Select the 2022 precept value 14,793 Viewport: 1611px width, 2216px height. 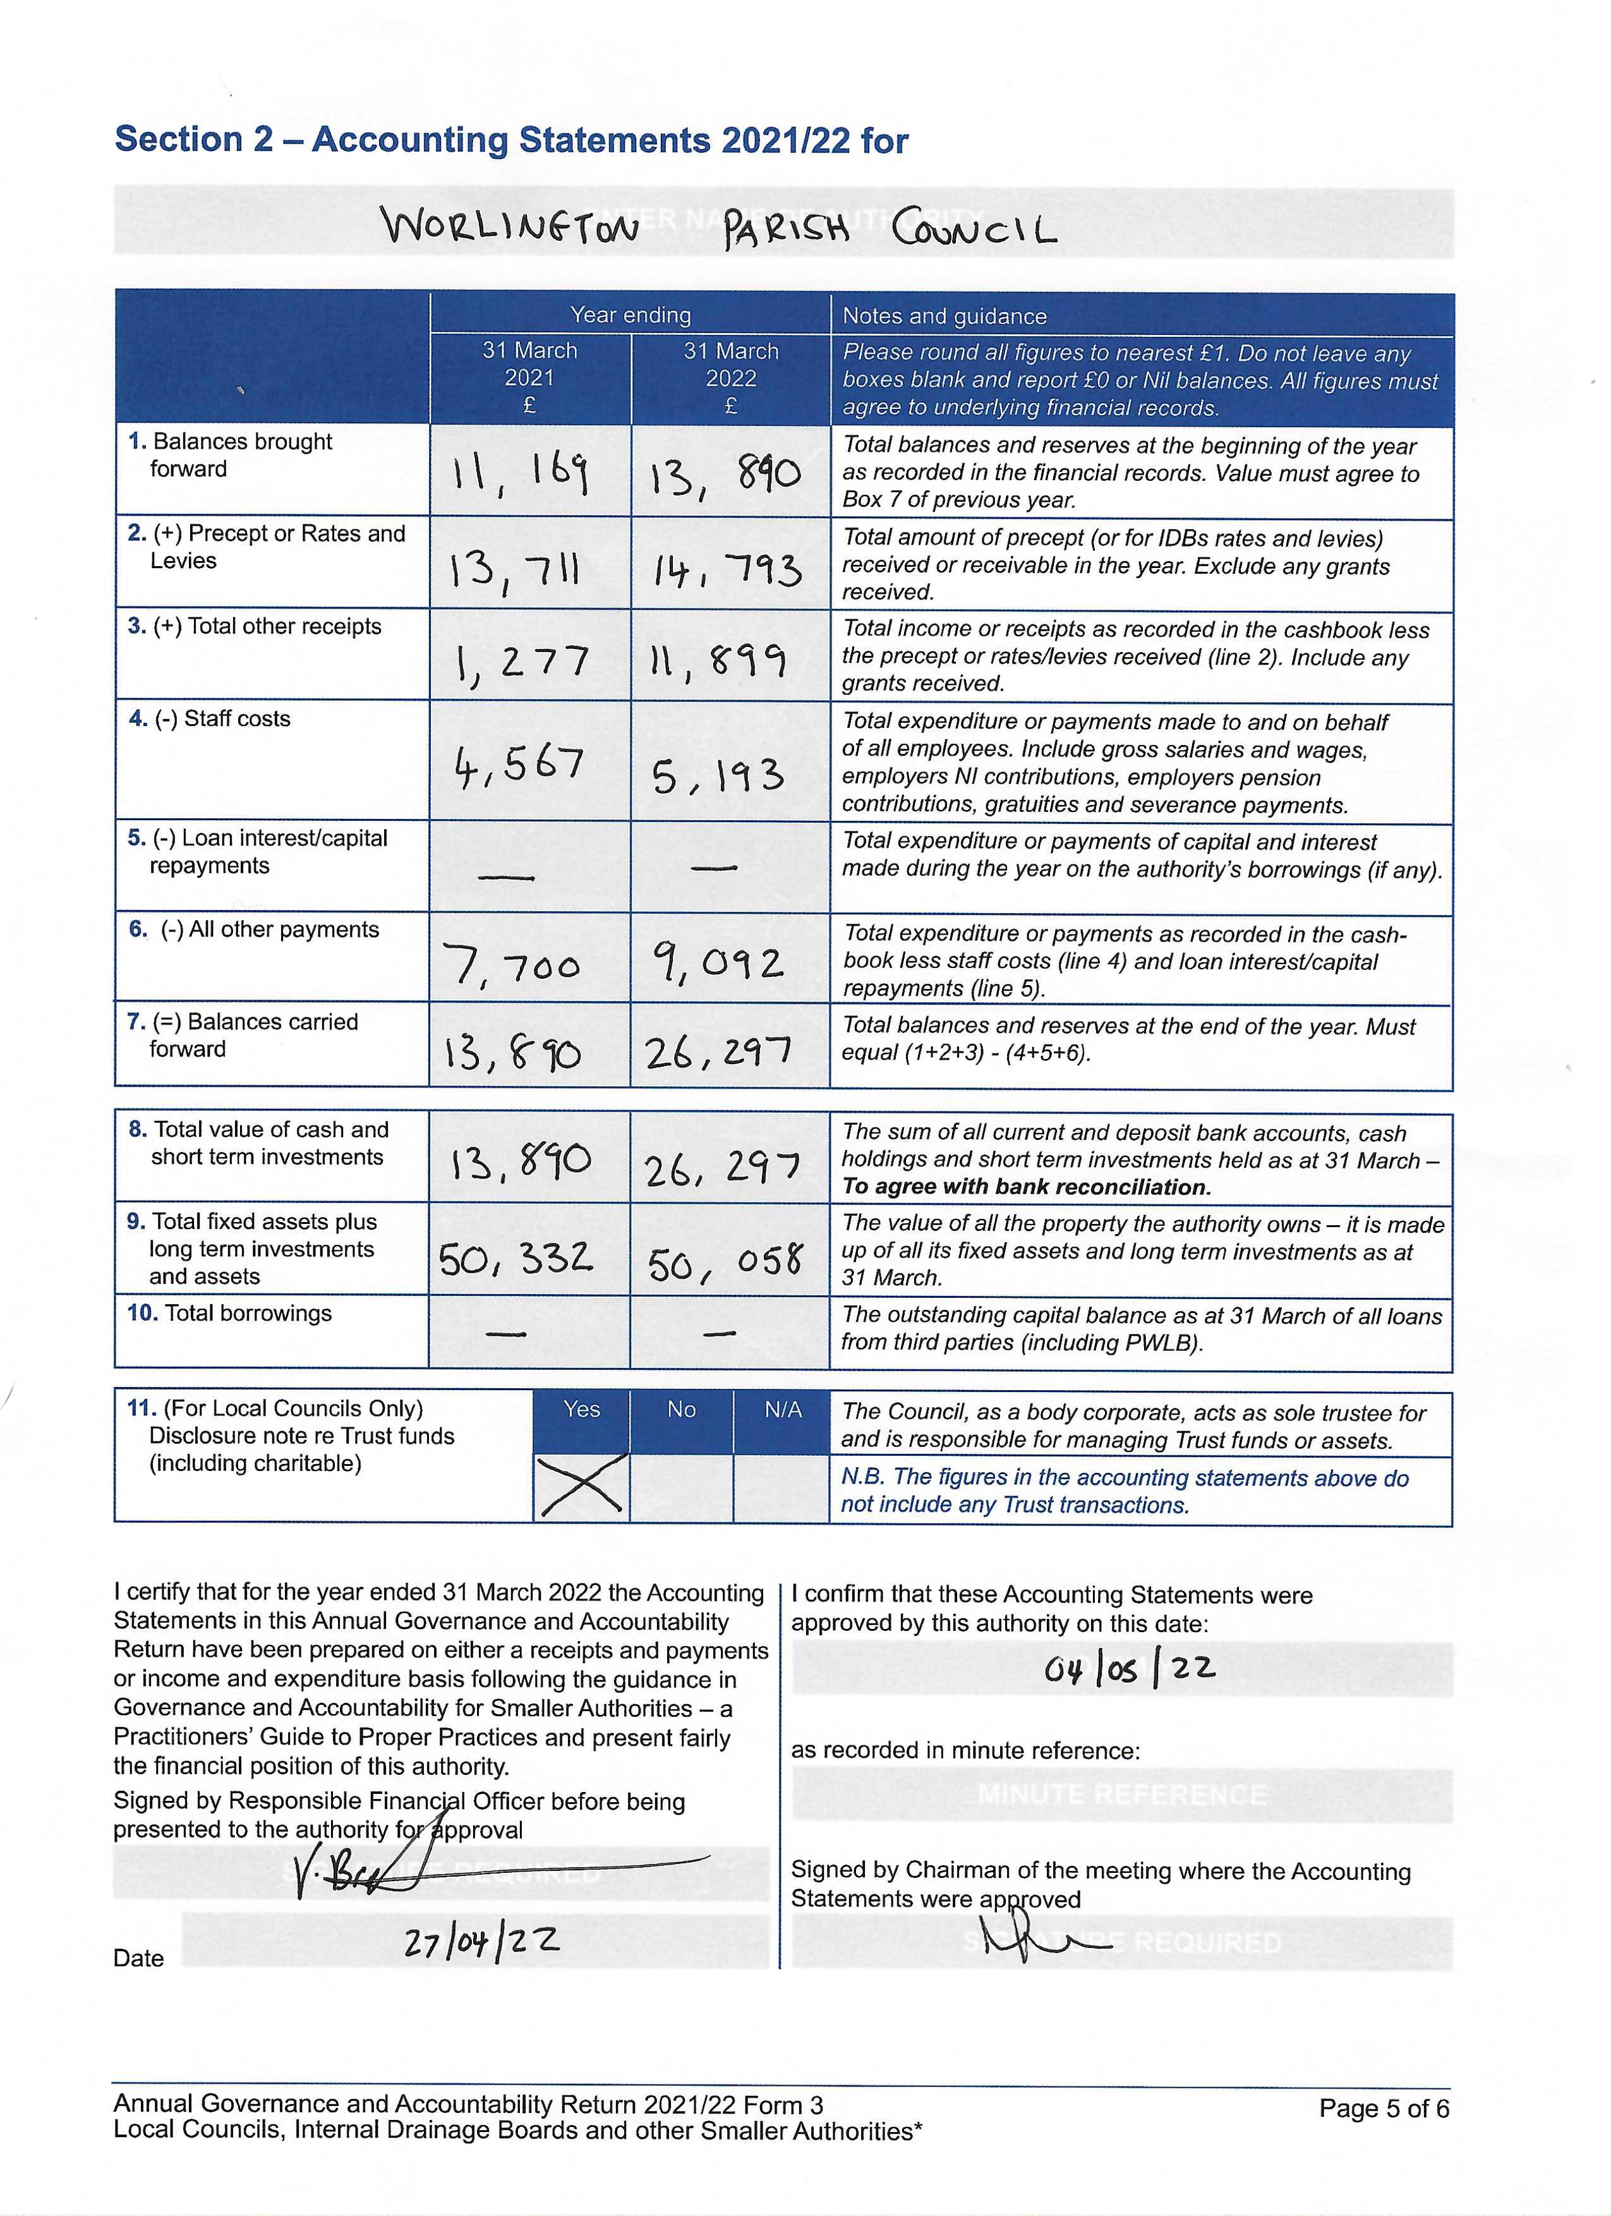[x=727, y=569]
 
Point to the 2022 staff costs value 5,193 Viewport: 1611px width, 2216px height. [x=718, y=776]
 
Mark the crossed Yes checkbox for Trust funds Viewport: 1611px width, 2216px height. [x=581, y=1485]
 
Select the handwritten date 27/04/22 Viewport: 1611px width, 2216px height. [x=481, y=1944]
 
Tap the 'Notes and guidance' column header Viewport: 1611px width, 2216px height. [x=944, y=315]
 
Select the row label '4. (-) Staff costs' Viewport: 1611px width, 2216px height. [x=210, y=719]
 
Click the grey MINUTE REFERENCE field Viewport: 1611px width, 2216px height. [x=1121, y=1794]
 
